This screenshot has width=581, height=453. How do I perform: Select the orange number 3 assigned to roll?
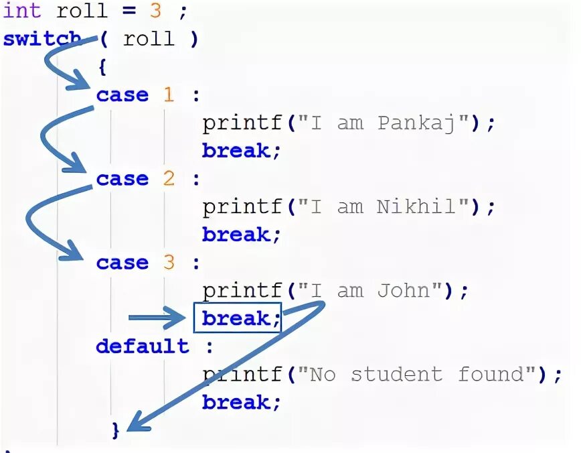point(155,11)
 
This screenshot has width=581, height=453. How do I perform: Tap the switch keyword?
point(41,39)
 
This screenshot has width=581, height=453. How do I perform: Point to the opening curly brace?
point(102,66)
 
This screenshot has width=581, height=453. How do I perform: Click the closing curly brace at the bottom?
point(116,429)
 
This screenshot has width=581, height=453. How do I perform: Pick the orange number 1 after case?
point(168,95)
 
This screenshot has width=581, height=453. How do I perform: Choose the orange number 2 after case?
point(168,179)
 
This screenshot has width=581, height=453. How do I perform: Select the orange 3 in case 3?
point(168,263)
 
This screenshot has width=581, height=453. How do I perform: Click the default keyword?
point(142,346)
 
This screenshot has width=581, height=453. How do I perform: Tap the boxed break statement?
point(238,318)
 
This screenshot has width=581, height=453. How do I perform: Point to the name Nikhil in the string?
point(416,207)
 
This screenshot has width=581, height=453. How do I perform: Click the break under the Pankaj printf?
point(238,151)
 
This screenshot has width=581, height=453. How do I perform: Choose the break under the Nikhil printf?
point(238,235)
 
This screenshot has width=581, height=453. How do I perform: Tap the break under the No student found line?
point(238,402)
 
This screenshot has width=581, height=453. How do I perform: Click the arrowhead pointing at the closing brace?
point(134,424)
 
